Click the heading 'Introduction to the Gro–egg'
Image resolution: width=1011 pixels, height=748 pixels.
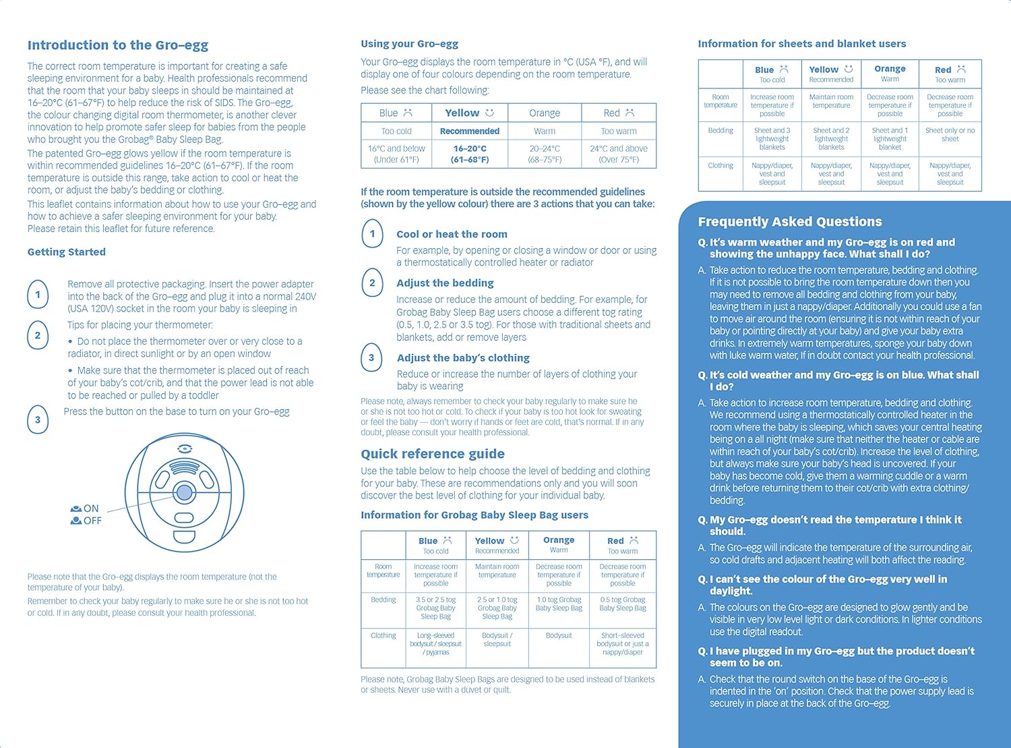pos(117,45)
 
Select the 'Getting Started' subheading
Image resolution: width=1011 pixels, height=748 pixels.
pos(66,252)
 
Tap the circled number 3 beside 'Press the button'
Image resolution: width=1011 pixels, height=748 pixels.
pos(38,420)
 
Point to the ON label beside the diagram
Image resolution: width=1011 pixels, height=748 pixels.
pos(90,509)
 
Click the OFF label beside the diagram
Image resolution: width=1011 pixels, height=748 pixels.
pos(92,521)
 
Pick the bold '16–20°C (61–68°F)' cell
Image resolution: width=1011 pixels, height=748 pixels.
pos(470,154)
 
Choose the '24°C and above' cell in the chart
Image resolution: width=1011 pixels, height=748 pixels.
pos(618,154)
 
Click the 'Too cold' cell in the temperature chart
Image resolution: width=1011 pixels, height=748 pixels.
pos(396,132)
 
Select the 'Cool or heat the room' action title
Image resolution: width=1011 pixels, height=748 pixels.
pos(452,234)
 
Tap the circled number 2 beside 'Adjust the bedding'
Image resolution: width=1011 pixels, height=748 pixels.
pos(372,283)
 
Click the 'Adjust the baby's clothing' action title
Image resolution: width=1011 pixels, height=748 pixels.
pos(463,358)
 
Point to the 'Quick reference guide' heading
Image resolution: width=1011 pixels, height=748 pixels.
pos(432,454)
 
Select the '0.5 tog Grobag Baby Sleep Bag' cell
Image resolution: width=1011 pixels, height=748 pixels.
pos(622,604)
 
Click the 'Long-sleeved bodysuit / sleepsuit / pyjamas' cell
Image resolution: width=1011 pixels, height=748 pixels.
pos(435,644)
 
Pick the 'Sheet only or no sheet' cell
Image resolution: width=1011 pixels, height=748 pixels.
pos(950,135)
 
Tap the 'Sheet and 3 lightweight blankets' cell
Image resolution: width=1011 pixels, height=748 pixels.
pos(772,139)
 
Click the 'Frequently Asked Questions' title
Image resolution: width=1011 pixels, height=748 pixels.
pos(789,222)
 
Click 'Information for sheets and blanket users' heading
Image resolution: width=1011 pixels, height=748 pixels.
pos(801,44)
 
